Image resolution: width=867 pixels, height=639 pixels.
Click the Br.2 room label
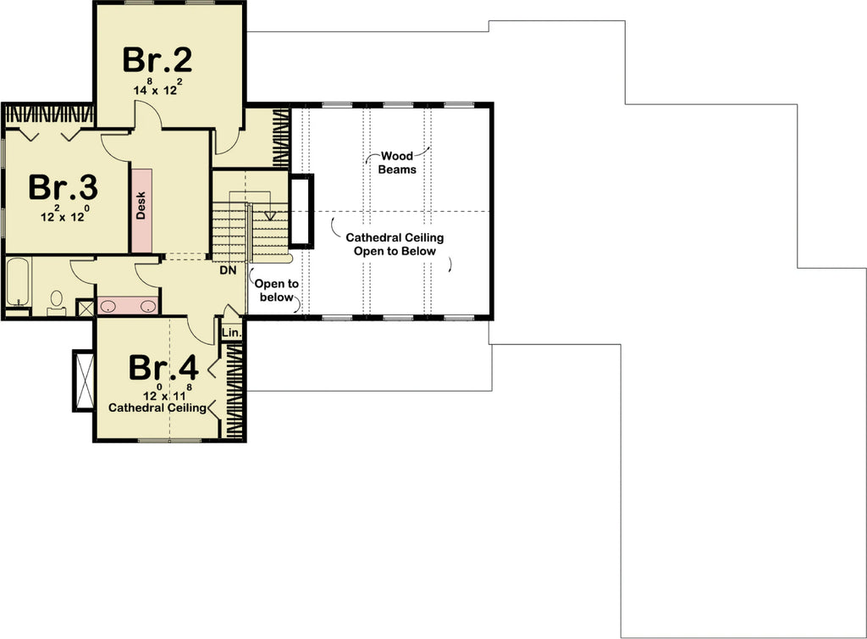click(157, 59)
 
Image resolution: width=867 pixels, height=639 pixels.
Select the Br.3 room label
click(64, 187)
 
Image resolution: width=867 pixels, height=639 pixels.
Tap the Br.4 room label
click(163, 368)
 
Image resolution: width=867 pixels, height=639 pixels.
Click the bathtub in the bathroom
click(17, 282)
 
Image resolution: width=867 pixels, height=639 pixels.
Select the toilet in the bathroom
click(57, 301)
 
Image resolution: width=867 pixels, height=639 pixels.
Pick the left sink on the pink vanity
click(108, 306)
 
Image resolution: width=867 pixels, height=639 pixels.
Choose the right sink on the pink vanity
click(147, 306)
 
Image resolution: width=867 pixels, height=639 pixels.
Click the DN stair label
click(227, 271)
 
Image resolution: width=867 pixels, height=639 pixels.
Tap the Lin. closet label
click(231, 333)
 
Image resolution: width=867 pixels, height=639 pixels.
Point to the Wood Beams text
click(397, 163)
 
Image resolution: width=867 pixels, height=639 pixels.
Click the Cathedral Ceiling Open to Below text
click(395, 244)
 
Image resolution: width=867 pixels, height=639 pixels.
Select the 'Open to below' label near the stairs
click(276, 291)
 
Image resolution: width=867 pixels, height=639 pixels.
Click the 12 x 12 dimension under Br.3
click(64, 215)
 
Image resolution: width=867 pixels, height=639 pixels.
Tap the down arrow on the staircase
click(271, 215)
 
